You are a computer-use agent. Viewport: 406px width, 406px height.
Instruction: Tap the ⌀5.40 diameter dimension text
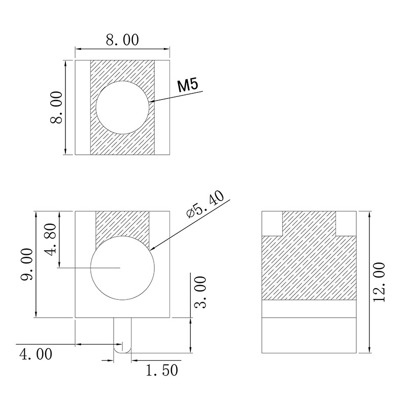[x=205, y=205]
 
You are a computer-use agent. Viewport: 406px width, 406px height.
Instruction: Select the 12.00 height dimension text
[x=379, y=282]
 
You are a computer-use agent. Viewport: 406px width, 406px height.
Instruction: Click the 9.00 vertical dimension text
[x=27, y=264]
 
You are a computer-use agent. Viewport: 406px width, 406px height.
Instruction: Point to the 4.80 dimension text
[x=50, y=239]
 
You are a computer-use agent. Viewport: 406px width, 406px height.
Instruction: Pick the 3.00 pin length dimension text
[x=200, y=292]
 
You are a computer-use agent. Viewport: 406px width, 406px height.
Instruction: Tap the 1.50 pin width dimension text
[x=162, y=370]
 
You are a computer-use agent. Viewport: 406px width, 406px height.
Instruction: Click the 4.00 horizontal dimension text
[x=36, y=354]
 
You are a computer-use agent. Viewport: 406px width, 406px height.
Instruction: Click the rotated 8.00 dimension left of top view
[x=56, y=107]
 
